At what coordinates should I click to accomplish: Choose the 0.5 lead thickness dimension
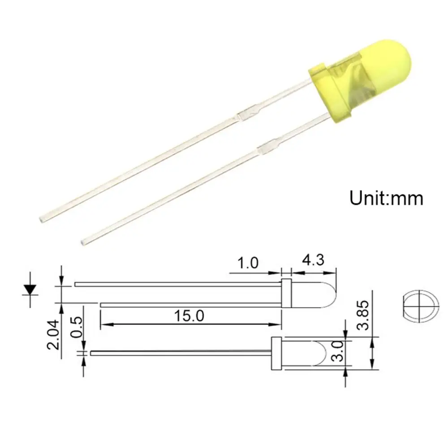tap(77, 327)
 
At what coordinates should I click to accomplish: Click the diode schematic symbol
tap(30, 289)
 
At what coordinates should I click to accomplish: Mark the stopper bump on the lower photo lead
tap(267, 147)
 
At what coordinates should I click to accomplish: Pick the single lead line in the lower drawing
tap(179, 353)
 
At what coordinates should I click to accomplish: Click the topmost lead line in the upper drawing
tap(179, 284)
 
